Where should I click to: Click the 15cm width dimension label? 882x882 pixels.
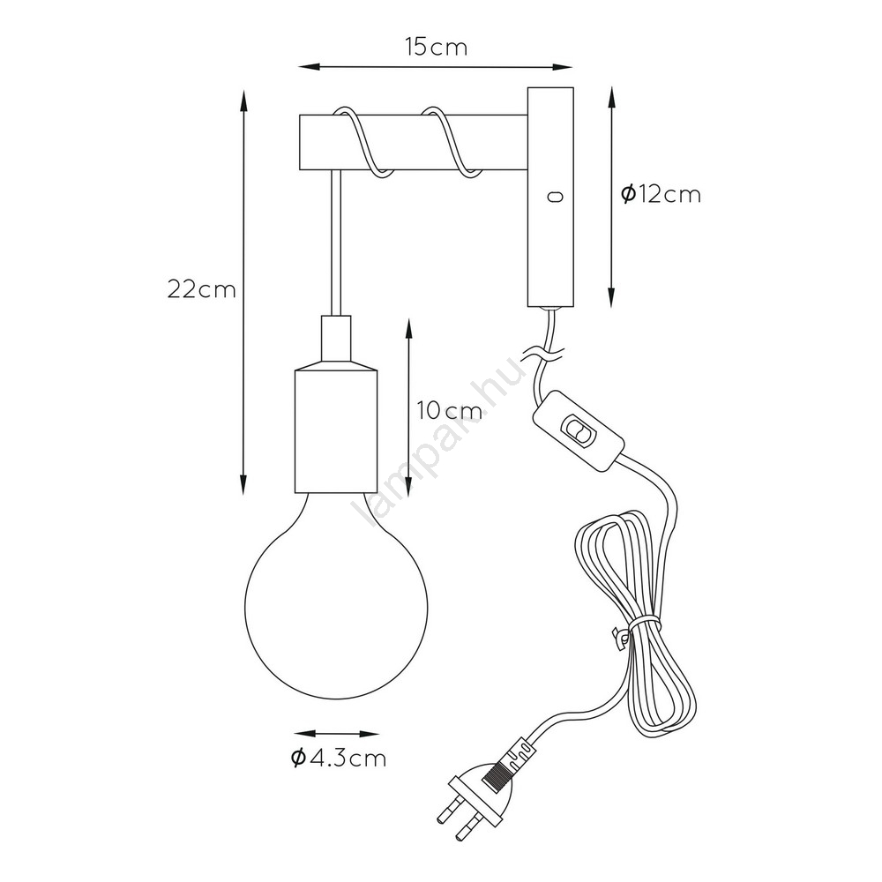click(437, 48)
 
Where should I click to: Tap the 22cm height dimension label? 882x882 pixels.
click(201, 289)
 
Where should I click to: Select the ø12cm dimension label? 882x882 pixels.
click(661, 194)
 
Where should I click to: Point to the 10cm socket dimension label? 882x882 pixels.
click(450, 411)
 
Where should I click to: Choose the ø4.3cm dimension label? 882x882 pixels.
click(339, 759)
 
